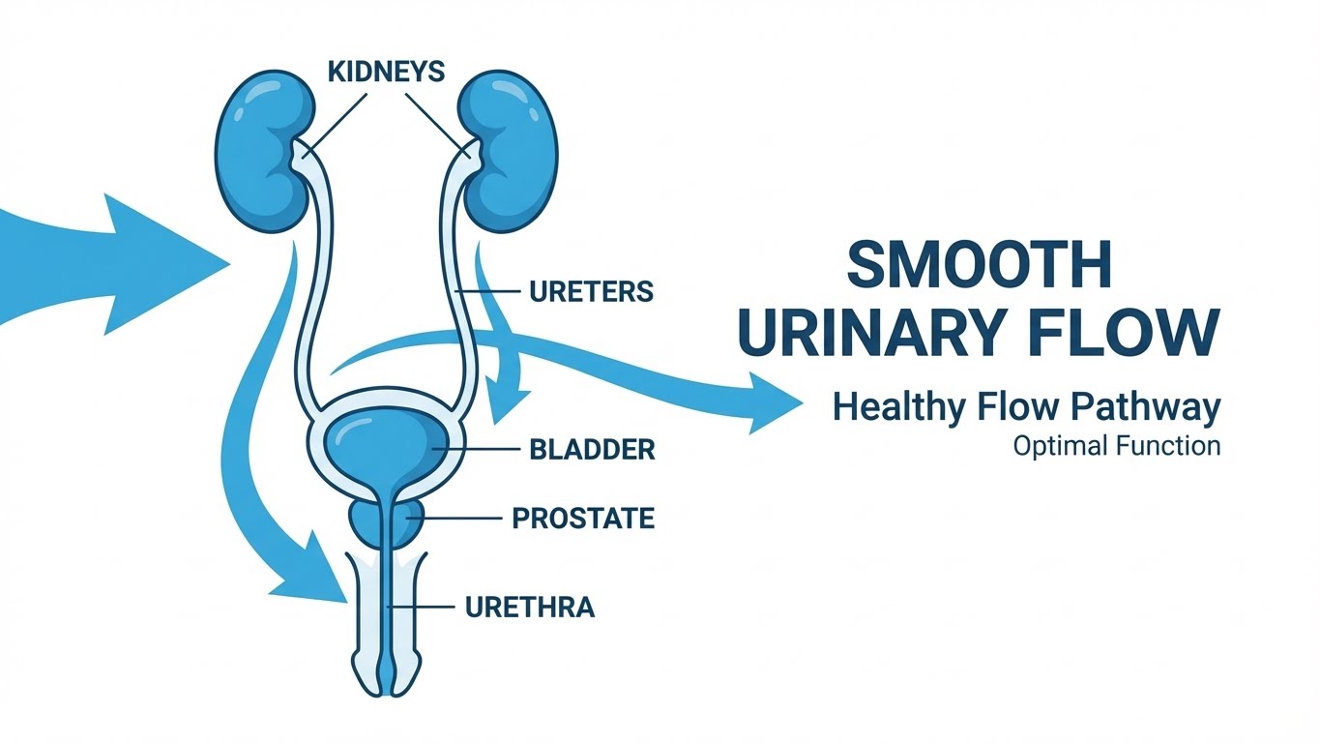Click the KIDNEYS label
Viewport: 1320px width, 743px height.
point(386,72)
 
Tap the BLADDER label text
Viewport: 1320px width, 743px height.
point(592,449)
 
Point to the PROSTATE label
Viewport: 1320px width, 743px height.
point(583,519)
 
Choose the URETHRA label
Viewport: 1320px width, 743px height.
point(530,608)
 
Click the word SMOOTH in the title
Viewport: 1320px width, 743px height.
point(978,263)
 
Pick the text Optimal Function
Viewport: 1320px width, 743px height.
point(1117,447)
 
